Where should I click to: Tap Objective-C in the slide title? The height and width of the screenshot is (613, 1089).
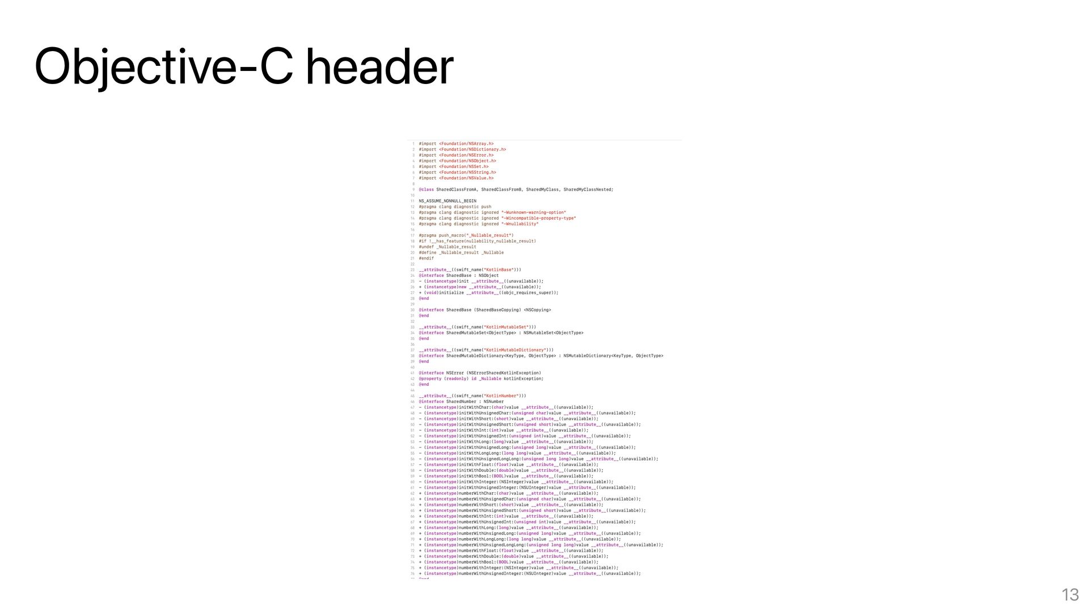(163, 66)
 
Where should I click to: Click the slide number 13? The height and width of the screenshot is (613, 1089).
(1070, 595)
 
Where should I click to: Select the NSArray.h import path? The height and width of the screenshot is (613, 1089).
(466, 144)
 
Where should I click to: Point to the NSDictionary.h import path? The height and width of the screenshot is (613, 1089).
(472, 150)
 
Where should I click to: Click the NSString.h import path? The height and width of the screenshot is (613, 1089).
(467, 173)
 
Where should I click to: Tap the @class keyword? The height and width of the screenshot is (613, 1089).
(427, 190)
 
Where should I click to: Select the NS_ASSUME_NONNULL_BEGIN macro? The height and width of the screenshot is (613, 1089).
(448, 201)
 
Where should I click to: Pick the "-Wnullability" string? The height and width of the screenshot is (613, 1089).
(520, 224)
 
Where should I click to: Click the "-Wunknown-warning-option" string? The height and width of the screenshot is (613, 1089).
(534, 213)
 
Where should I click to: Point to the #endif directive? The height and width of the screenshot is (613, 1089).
(427, 258)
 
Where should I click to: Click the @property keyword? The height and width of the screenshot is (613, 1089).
(430, 379)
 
